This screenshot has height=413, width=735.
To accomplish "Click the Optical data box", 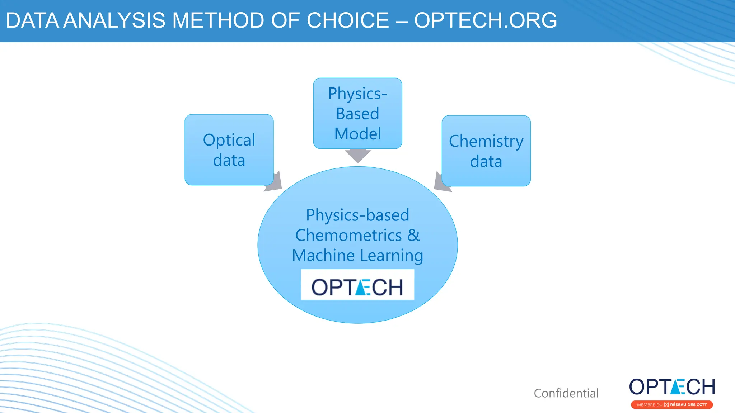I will (x=229, y=149).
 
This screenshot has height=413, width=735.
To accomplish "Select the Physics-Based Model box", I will (x=357, y=113).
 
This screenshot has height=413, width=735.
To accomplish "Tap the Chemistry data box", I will (x=486, y=151).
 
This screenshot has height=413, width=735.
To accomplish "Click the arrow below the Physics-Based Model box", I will (x=357, y=156).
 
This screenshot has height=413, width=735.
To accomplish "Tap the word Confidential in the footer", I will (x=566, y=393).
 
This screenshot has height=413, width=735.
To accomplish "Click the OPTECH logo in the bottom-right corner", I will (x=672, y=387).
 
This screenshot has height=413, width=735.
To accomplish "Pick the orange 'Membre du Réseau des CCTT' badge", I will (x=672, y=405).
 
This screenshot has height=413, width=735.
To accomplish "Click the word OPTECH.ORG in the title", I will (x=485, y=20).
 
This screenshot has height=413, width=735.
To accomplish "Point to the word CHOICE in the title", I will (x=347, y=20).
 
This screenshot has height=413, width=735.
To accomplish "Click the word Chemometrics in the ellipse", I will (x=348, y=235).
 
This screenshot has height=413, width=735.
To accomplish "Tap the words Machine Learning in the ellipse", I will (x=357, y=256).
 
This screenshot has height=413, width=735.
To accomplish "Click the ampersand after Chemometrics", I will (x=413, y=235).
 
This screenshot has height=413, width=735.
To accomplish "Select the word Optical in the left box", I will (x=229, y=140).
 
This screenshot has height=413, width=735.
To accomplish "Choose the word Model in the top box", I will (x=357, y=134).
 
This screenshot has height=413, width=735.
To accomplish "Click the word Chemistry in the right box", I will (x=486, y=141).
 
